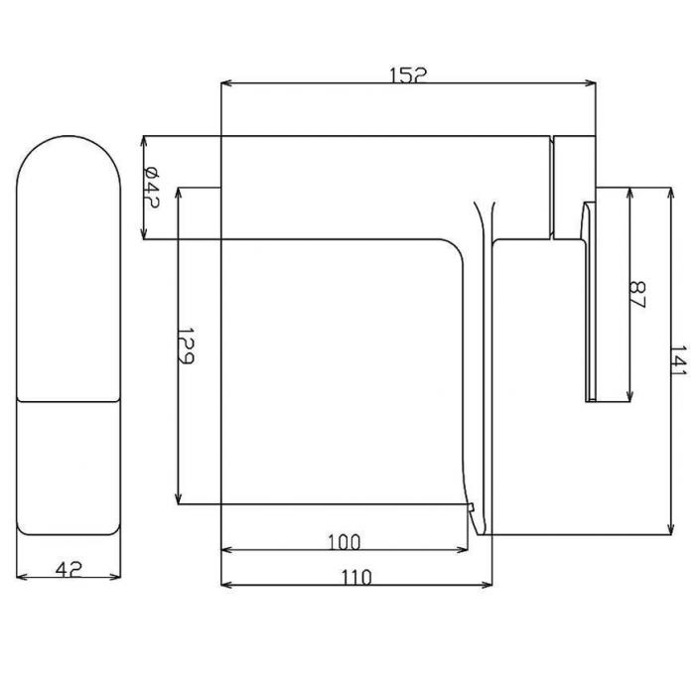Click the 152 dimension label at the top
pyautogui.click(x=408, y=74)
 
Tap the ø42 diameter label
pyautogui.click(x=151, y=188)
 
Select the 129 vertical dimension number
pyautogui.click(x=186, y=347)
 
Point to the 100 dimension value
pyautogui.click(x=345, y=542)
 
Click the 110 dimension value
pyautogui.click(x=356, y=577)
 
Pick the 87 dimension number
pyautogui.click(x=638, y=294)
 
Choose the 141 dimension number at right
pyautogui.click(x=679, y=359)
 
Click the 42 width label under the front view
pyautogui.click(x=69, y=569)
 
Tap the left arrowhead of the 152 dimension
pyautogui.click(x=226, y=82)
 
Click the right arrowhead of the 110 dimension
pyautogui.click(x=486, y=585)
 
